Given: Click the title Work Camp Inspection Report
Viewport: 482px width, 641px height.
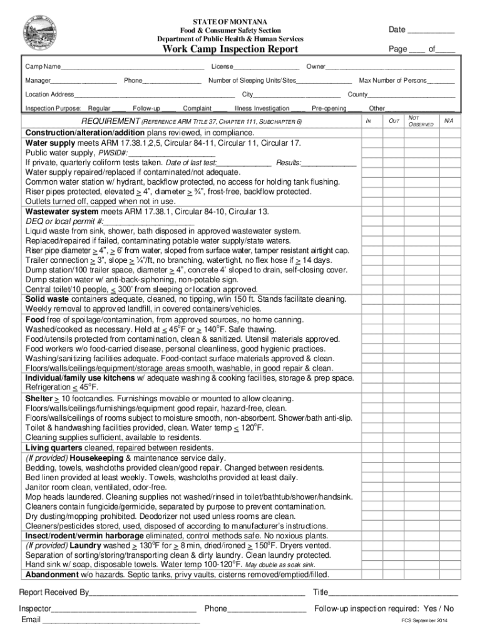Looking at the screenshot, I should (x=230, y=49).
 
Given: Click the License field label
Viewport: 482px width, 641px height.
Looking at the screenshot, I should (x=222, y=66).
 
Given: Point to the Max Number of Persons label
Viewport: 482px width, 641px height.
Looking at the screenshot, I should (x=392, y=80).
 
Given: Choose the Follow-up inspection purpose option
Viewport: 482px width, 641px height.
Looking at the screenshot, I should (x=146, y=108).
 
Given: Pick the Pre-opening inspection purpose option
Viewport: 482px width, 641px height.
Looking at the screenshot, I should (x=329, y=108).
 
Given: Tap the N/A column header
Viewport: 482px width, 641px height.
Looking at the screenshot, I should (x=447, y=119).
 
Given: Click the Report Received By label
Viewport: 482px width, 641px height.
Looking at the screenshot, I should (x=54, y=592).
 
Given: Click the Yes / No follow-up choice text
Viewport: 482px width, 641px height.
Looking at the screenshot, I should (x=439, y=608).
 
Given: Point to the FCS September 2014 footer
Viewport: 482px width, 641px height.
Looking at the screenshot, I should (x=424, y=620).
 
